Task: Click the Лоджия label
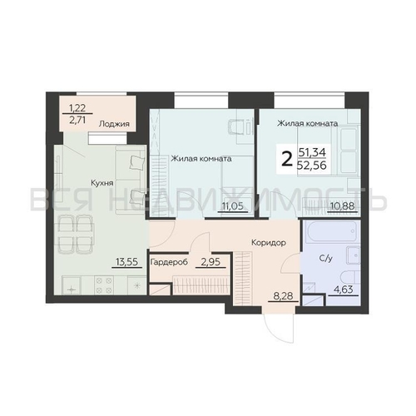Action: click(x=114, y=124)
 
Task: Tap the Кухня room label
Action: click(x=102, y=183)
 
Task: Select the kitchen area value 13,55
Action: click(x=126, y=261)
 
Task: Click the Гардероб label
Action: click(x=169, y=261)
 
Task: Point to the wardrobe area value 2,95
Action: click(x=210, y=261)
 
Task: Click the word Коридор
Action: click(x=269, y=243)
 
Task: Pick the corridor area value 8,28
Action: click(x=283, y=296)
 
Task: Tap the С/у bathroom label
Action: click(x=326, y=259)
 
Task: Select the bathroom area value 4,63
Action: click(x=344, y=290)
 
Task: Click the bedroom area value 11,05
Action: click(x=233, y=206)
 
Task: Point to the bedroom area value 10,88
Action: click(x=343, y=206)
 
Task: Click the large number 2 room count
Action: click(x=287, y=160)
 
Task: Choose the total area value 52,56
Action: click(x=312, y=166)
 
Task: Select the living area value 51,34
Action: click(x=312, y=152)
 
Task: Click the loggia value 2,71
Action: click(x=77, y=120)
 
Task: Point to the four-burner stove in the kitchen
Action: click(x=104, y=285)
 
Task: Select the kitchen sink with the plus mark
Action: click(x=72, y=285)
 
